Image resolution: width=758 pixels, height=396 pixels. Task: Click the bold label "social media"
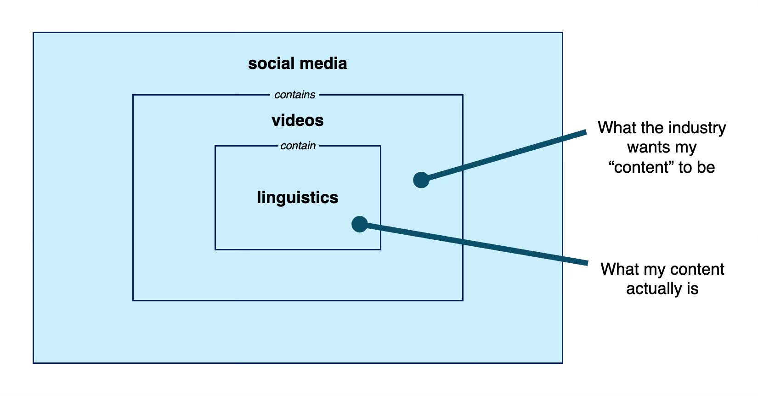click(x=297, y=63)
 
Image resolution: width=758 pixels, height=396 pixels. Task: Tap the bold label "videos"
click(x=297, y=120)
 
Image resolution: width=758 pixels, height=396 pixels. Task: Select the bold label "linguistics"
click(x=297, y=198)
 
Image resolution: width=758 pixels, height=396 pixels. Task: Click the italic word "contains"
click(x=294, y=95)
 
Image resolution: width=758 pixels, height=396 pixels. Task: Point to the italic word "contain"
click(x=298, y=146)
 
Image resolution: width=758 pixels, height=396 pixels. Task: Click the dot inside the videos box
click(x=421, y=180)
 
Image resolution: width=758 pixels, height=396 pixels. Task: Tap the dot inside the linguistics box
click(x=359, y=224)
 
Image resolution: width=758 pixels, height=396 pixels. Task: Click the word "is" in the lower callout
click(x=693, y=289)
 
